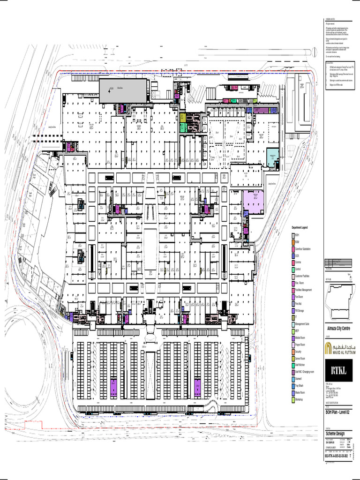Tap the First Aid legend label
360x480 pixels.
pyautogui.click(x=299, y=304)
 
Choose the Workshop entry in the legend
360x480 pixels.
pyautogui.click(x=299, y=399)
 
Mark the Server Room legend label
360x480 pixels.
pyautogui.click(x=300, y=358)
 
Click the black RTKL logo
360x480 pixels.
pyautogui.click(x=340, y=372)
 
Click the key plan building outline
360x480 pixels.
pyautogui.click(x=341, y=300)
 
